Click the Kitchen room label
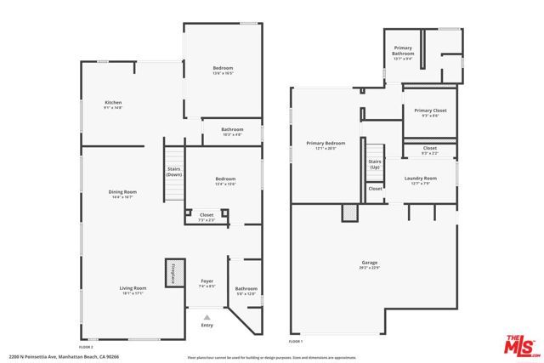point(113,103)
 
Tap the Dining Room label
point(122,193)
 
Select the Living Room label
point(132,291)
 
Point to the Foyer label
point(207,283)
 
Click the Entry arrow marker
point(207,316)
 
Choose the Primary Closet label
point(429,112)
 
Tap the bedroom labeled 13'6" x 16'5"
point(223,70)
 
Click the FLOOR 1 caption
point(296,340)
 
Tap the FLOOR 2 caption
point(85,347)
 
